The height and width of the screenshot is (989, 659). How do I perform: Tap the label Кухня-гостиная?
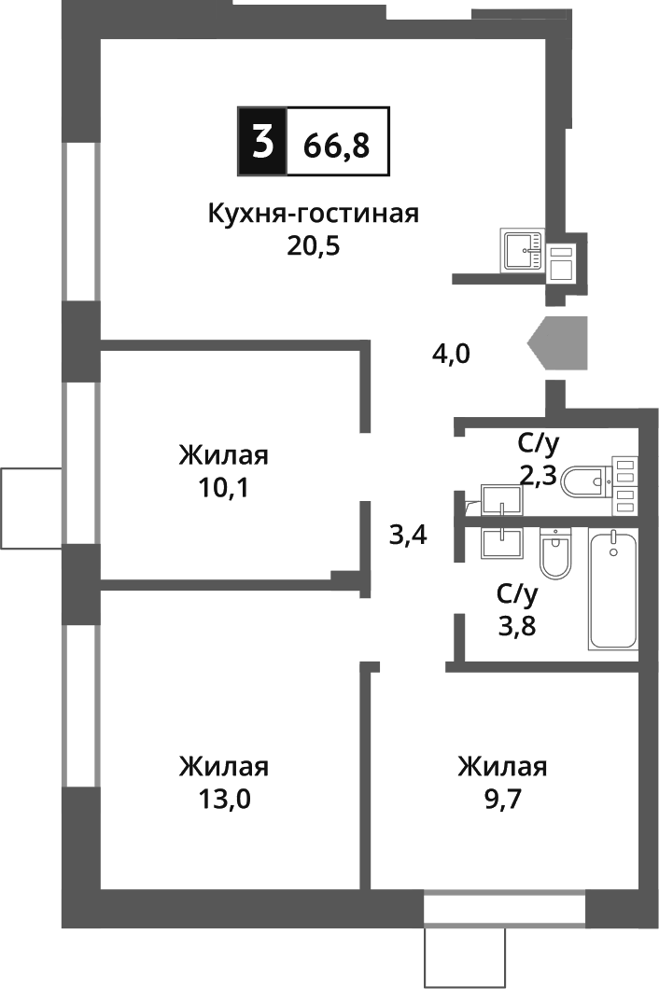[x=313, y=213]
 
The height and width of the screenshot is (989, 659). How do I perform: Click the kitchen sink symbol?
[x=524, y=249]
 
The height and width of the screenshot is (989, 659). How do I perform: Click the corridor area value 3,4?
[x=408, y=536]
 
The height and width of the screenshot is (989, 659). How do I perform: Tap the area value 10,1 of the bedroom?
[x=224, y=487]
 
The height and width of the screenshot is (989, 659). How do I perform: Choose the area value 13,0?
[x=224, y=799]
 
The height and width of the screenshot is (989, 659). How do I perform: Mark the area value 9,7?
[x=502, y=799]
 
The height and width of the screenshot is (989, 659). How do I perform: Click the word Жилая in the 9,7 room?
[x=502, y=767]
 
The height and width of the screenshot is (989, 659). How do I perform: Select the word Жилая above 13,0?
[x=224, y=767]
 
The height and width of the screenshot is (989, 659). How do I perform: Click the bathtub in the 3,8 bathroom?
[x=613, y=589]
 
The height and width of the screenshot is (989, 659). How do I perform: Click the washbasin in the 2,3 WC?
[x=501, y=501]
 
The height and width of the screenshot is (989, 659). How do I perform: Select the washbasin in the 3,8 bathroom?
[x=502, y=541]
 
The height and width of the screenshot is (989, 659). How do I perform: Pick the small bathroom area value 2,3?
[x=538, y=475]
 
